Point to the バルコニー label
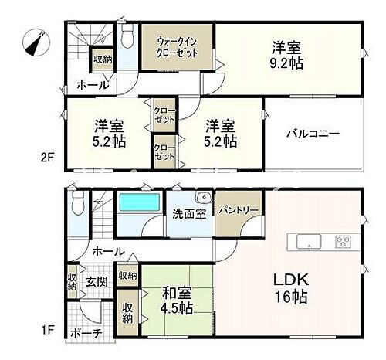(x=313, y=133)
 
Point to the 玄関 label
(x=96, y=281)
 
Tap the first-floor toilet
(x=76, y=204)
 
